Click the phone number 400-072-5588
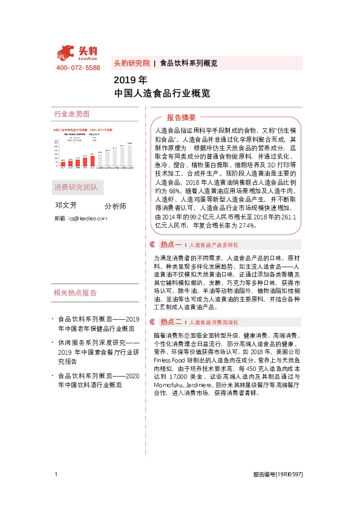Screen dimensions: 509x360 pos(77,68)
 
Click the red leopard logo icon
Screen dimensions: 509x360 pos(68,52)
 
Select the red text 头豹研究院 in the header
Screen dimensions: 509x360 pos(131,63)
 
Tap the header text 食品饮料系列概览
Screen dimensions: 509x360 pos(188,63)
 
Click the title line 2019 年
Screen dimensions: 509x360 pos(130,80)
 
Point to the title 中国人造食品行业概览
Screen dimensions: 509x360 pos(162,93)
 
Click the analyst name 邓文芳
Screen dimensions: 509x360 pos(67,206)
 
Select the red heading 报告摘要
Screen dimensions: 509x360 pos(182,117)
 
